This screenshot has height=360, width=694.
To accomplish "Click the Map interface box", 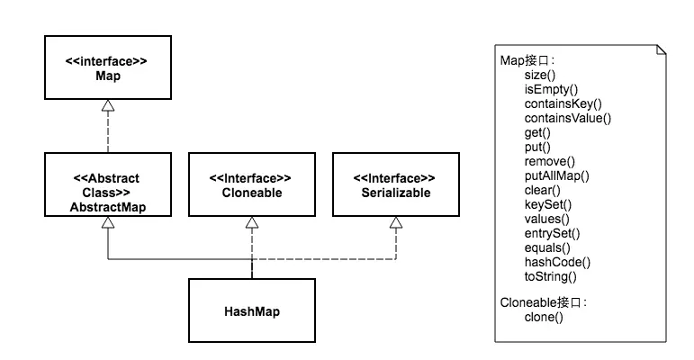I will (107, 67).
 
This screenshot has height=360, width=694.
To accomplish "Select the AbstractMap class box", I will (107, 185).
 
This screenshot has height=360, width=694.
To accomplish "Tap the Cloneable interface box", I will (252, 185).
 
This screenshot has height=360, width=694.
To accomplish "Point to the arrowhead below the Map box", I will (107, 106).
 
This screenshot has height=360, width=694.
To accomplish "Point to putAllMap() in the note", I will (556, 175).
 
